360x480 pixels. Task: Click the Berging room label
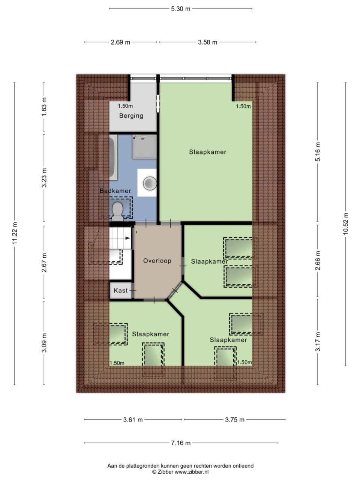coord(131,115)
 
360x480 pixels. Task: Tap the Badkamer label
coord(115,191)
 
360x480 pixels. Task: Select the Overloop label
coord(157,261)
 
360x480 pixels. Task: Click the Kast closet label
coord(121,290)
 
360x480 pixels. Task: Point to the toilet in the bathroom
coord(118,211)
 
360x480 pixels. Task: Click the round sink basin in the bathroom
coord(150,183)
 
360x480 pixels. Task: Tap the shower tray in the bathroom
coord(144,147)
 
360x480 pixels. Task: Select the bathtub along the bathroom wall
coord(113,157)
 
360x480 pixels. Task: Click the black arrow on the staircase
coord(127,238)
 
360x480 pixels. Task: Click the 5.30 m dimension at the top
coord(180,9)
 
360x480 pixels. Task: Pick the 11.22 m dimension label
coord(14,233)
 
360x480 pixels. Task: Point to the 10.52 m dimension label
coord(346,223)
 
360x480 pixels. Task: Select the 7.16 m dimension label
coord(180,443)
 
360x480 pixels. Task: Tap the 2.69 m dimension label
coord(120,42)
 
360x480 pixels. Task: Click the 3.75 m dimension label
coord(234,419)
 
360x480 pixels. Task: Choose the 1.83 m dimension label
coord(44,107)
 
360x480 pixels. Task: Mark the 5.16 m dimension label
coord(318,152)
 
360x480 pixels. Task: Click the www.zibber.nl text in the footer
coord(192,472)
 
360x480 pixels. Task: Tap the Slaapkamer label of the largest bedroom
coord(207,152)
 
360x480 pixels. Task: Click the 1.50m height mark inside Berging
coord(125,106)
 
